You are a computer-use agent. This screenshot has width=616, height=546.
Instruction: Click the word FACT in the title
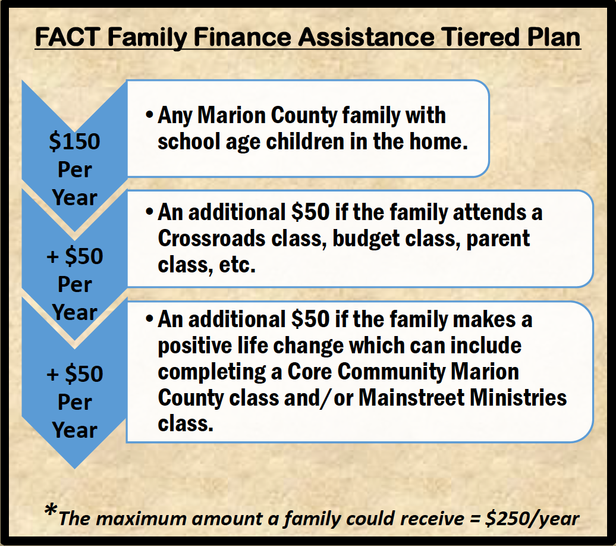pos(68,37)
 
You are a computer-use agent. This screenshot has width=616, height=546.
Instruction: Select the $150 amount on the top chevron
pos(75,141)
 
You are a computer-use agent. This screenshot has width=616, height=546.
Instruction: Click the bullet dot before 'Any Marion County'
pos(149,115)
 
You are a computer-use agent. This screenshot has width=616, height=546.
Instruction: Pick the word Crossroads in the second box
pos(211,239)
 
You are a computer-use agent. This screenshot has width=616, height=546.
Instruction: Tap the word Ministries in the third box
pos(518,397)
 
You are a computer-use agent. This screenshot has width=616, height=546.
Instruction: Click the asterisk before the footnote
pos(51,511)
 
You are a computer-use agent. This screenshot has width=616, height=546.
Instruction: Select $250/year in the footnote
pos(532,519)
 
